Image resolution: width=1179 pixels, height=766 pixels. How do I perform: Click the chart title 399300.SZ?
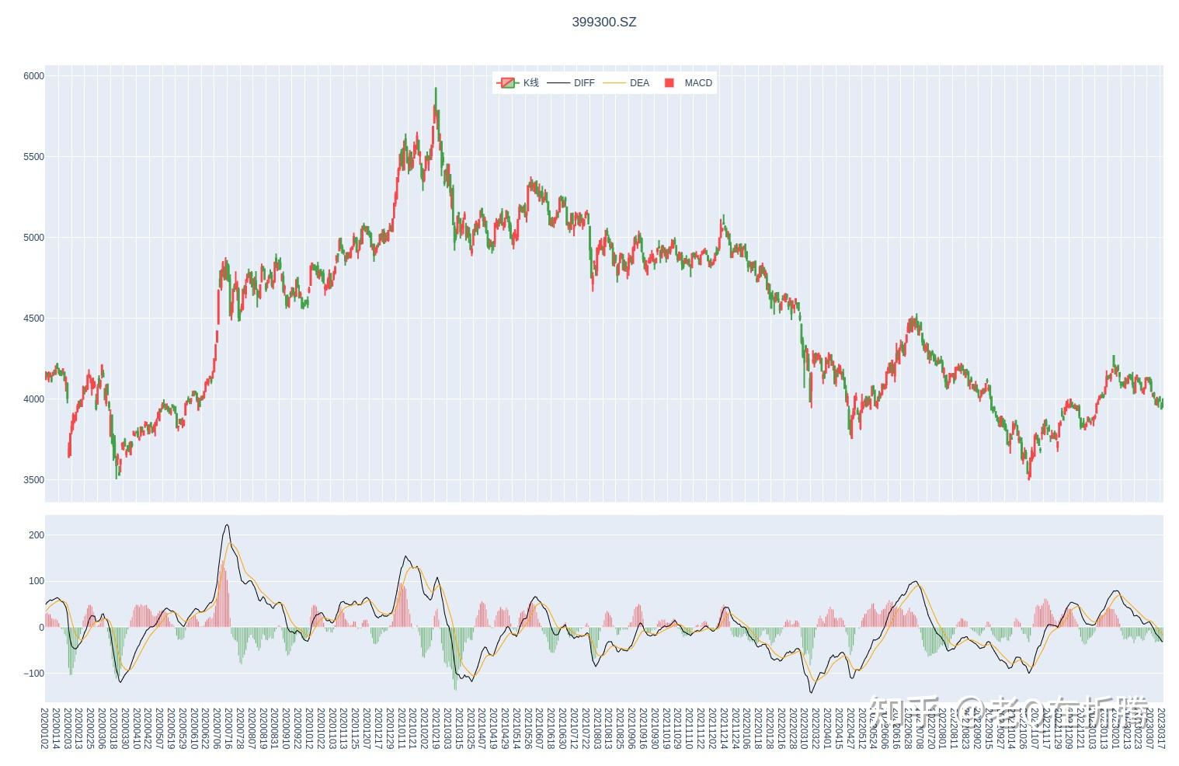pyautogui.click(x=603, y=22)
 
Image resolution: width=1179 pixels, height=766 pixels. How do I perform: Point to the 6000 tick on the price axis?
pyautogui.click(x=33, y=76)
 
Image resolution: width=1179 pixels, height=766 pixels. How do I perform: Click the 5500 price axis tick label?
pyautogui.click(x=33, y=157)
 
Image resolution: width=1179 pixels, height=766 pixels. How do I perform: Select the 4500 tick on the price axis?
pyautogui.click(x=33, y=319)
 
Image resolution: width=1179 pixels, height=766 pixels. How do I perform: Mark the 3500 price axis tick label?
pyautogui.click(x=33, y=480)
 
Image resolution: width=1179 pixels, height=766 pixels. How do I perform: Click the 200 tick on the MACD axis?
pyautogui.click(x=36, y=535)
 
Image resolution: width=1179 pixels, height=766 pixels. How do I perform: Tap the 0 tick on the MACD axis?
pyautogui.click(x=41, y=628)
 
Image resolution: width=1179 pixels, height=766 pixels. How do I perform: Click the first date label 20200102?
pyautogui.click(x=44, y=728)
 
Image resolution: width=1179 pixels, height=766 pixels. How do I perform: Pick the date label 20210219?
pyautogui.click(x=436, y=728)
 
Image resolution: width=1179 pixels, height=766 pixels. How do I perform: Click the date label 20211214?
pyautogui.click(x=724, y=728)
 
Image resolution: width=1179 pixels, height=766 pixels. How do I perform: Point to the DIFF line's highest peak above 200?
pyautogui.click(x=227, y=525)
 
